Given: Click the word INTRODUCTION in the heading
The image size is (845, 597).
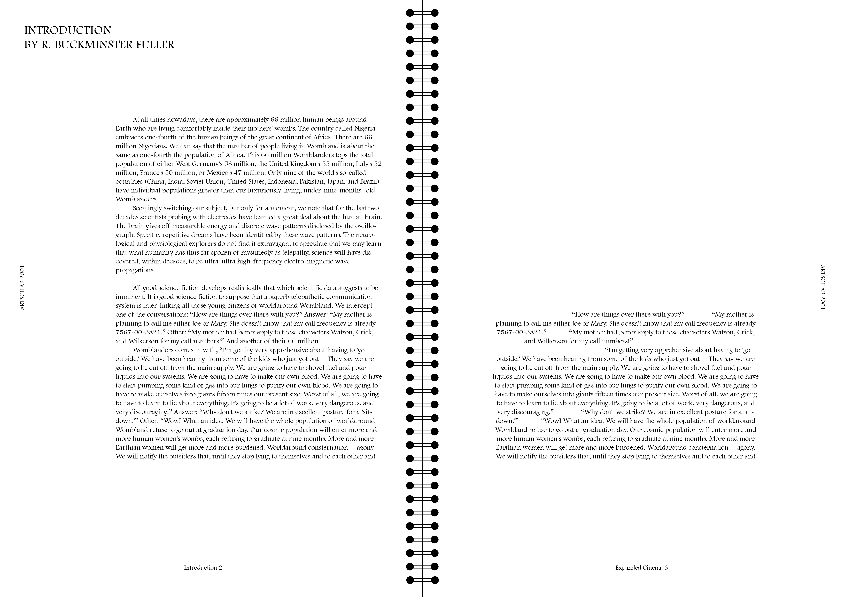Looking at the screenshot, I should [68, 30].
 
